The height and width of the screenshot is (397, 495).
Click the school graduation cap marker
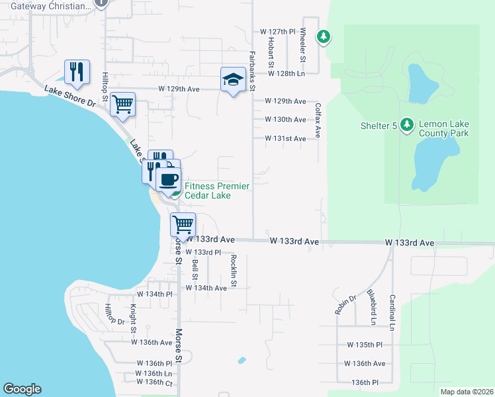pos(232,81)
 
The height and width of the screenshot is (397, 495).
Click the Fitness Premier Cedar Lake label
pos(217,191)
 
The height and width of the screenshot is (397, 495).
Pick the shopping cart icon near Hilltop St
pos(123,105)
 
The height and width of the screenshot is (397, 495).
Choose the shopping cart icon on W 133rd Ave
pos(183,224)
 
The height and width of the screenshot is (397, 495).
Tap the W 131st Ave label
pos(285,138)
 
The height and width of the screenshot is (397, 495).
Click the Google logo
pos(22,389)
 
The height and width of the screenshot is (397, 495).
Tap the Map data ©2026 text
pos(467,392)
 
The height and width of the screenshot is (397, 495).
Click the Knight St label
pos(134,319)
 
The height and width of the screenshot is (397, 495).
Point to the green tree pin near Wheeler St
pos(324,37)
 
